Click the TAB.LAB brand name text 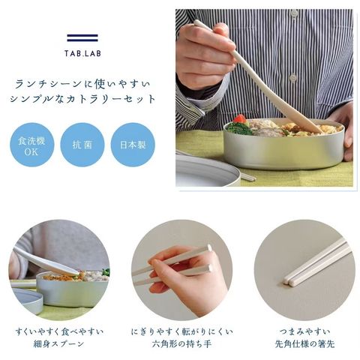[82, 53]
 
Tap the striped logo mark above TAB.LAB [82, 37]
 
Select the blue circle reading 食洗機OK [31, 145]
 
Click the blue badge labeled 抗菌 [82, 145]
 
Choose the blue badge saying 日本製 [133, 145]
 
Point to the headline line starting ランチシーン [82, 84]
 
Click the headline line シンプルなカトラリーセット [82, 99]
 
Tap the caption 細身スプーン [59, 344]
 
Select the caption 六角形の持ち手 [181, 344]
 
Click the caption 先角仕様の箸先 [304, 344]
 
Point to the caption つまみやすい [304, 331]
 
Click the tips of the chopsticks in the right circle [288, 281]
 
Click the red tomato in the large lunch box [239, 119]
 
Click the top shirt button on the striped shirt [295, 12]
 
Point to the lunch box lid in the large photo [208, 169]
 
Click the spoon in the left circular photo [46, 261]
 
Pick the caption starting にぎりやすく [181, 331]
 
